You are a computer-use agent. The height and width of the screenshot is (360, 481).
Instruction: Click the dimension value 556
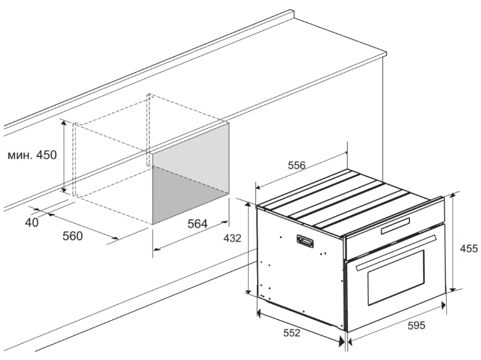297,165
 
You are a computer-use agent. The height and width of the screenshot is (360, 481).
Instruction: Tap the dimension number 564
197,224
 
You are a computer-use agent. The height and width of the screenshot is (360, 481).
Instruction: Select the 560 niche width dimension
73,236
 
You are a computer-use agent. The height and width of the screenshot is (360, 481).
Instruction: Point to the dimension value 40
31,223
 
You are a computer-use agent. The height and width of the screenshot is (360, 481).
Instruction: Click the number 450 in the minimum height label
46,155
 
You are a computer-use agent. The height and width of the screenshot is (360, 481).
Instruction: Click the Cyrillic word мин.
19,156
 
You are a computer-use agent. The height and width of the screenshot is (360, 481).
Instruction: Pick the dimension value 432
232,238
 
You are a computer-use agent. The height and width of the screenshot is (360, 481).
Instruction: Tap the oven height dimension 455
469,248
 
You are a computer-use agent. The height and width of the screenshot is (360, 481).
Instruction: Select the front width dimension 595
416,325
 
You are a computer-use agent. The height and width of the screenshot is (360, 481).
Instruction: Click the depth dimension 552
291,333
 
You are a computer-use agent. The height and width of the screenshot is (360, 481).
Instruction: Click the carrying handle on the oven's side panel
305,241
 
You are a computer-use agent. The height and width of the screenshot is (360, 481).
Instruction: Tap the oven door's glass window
396,277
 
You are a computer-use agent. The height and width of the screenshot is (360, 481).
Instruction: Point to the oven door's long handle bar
396,252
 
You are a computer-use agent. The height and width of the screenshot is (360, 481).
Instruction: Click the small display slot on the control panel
396,226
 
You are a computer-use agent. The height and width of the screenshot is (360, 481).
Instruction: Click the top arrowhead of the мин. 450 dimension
64,123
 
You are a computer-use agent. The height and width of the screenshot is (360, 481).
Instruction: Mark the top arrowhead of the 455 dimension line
454,196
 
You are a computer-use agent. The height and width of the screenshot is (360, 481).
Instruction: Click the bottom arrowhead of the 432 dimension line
248,291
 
